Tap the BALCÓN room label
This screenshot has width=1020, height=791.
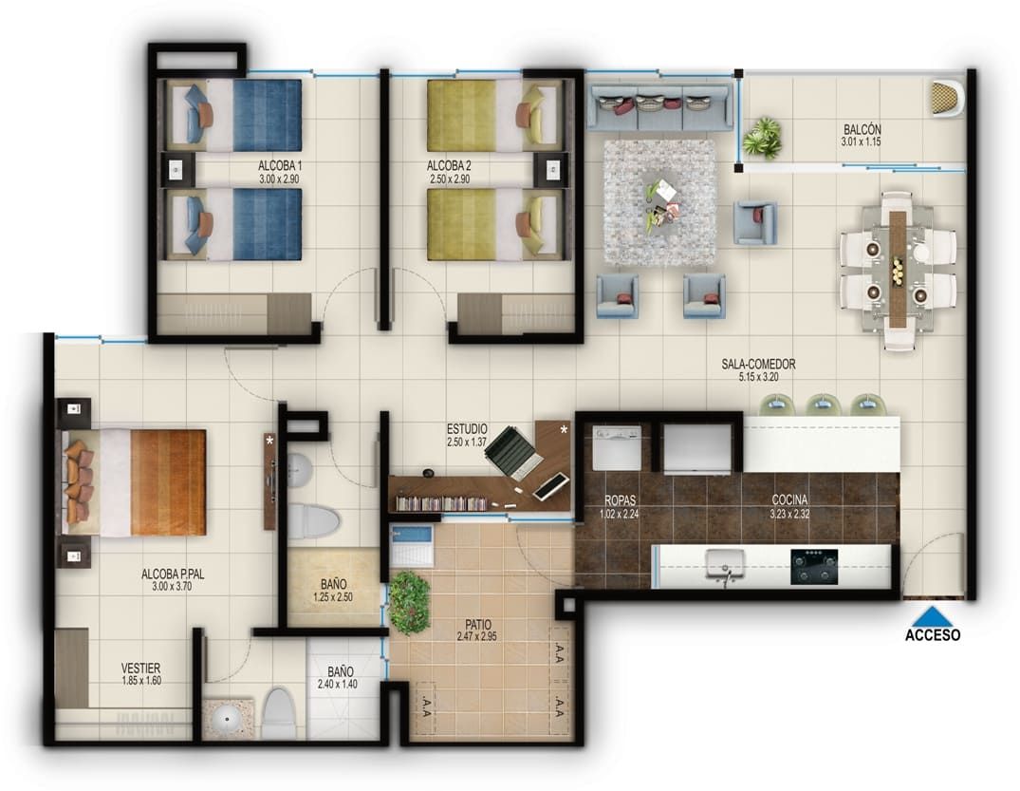pos(862,129)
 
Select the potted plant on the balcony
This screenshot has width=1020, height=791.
pos(762,138)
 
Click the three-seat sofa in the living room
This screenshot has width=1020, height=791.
pos(659,106)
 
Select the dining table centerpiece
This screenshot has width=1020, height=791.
pos(898,270)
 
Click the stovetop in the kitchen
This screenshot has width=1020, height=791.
pos(814,566)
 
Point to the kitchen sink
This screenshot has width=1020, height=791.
pos(723,568)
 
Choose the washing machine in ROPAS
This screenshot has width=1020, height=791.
pos(617,447)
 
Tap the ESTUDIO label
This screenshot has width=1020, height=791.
pos(466,429)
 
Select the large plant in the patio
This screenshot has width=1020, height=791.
pos(409,602)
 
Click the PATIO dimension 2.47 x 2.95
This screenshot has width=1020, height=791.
pos(478,639)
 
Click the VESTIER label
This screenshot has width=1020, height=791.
pos(140,668)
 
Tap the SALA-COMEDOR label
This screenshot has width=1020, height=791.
pos(758,364)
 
